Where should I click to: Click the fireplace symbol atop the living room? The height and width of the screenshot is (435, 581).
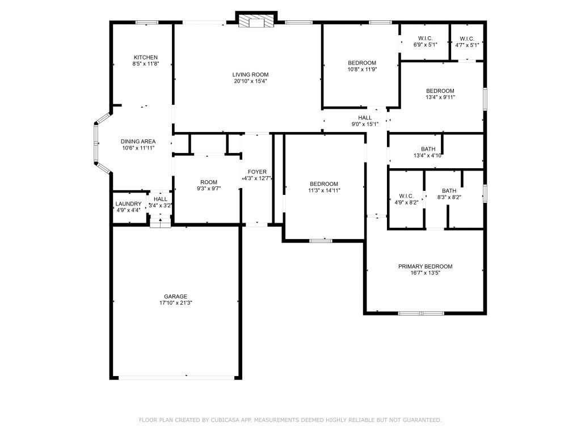(x=256, y=22)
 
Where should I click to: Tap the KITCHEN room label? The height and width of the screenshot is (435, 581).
(x=145, y=57)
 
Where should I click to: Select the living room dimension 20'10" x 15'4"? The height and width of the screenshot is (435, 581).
(x=250, y=81)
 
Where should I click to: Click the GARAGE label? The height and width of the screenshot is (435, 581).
(x=175, y=296)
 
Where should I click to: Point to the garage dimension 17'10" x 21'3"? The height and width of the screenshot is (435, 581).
(x=175, y=303)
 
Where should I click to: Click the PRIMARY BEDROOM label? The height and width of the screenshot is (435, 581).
(x=425, y=266)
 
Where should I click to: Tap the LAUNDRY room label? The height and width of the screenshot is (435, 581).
(x=128, y=204)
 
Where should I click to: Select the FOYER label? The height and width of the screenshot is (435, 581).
(x=257, y=172)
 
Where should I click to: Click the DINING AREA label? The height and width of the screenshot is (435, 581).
(x=138, y=142)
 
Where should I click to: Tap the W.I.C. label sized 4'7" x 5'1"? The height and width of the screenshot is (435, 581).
(x=467, y=38)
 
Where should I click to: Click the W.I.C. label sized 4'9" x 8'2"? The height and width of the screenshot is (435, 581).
(x=406, y=196)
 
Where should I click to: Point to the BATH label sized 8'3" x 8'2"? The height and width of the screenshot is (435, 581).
(x=449, y=191)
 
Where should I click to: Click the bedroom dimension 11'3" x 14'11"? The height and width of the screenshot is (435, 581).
(x=324, y=190)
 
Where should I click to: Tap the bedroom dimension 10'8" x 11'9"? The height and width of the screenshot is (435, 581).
(x=362, y=69)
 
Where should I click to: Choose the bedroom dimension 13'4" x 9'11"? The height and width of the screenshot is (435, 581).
(x=440, y=97)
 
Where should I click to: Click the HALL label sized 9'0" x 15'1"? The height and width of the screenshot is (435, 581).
(x=365, y=118)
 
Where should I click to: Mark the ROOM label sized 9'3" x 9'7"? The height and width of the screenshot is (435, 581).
(x=209, y=182)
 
